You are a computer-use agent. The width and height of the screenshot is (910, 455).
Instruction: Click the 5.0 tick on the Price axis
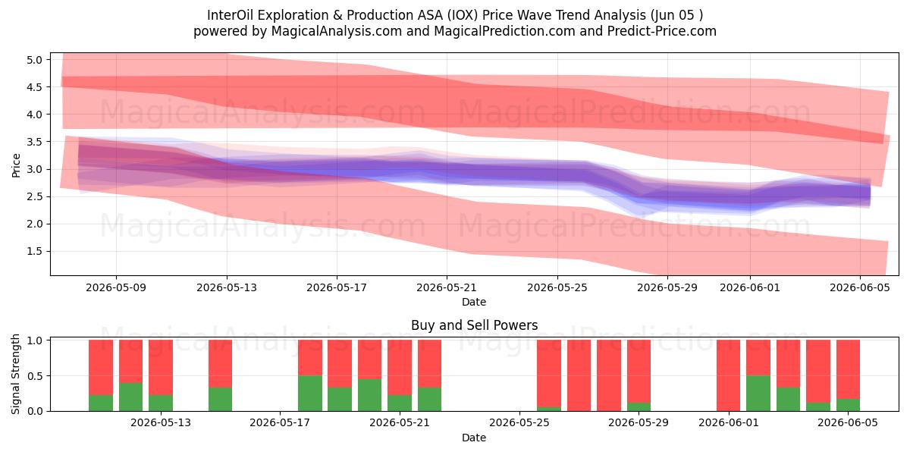tap(34, 60)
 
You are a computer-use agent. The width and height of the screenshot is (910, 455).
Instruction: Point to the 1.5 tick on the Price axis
tap(34, 252)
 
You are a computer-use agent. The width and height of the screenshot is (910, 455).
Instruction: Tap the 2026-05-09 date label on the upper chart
tap(116, 287)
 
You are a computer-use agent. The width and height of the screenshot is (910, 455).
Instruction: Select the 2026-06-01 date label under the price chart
tap(750, 287)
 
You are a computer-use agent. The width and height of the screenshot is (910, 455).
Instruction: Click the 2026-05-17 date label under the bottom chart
tap(280, 423)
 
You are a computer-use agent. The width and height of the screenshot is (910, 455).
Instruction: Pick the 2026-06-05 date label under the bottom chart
tap(848, 423)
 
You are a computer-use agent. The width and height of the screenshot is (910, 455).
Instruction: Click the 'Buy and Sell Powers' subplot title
tap(475, 325)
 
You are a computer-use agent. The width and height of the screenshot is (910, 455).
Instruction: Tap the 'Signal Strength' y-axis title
tap(15, 374)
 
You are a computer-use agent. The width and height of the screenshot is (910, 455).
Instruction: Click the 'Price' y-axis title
tap(16, 165)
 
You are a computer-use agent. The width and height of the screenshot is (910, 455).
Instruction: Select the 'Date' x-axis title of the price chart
tap(474, 302)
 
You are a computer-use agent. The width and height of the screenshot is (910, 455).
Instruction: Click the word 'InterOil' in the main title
tap(231, 15)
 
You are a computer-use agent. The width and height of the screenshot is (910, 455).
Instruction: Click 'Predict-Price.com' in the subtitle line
tap(662, 31)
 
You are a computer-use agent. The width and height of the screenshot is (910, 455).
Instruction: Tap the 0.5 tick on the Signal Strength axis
tap(34, 376)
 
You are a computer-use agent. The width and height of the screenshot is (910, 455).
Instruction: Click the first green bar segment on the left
tap(101, 403)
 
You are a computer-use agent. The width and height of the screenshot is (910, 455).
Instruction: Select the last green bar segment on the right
tap(848, 405)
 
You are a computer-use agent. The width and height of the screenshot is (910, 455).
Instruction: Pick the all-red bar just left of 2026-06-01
tap(729, 375)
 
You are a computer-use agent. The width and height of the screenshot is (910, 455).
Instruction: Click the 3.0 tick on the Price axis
tap(34, 169)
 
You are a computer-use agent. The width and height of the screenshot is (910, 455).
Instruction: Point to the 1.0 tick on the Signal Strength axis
tap(34, 340)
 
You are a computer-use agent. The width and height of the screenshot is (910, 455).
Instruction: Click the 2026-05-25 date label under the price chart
tap(557, 287)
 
